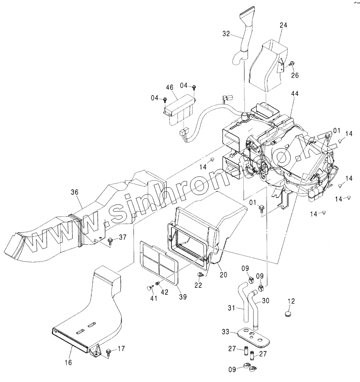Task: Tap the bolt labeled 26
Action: tap(292, 64)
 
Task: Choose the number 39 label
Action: tap(183, 297)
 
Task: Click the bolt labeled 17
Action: tap(109, 351)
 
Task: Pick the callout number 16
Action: tap(68, 362)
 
